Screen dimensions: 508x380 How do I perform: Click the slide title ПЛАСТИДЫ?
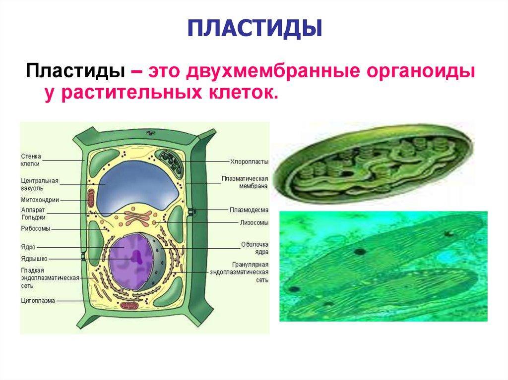click(254, 29)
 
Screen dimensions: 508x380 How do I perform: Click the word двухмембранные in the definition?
click(273, 71)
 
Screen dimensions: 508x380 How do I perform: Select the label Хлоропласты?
click(249, 162)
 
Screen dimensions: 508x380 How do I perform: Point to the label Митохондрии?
click(40, 200)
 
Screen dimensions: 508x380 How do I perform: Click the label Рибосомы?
click(36, 228)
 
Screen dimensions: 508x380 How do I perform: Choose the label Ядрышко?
click(34, 259)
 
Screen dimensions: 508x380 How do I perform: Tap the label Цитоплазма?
click(38, 301)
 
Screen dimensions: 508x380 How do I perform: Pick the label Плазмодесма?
click(249, 210)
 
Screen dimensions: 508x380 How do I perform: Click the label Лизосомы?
click(254, 222)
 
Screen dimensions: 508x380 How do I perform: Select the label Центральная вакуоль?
click(40, 184)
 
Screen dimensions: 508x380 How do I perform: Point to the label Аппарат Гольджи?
click(33, 214)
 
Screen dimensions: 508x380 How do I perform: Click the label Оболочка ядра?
click(255, 248)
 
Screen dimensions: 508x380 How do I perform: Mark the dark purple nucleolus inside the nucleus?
click(137, 258)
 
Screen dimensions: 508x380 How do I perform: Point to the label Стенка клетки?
click(31, 160)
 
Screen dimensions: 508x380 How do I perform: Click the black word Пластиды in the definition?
click(75, 71)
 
